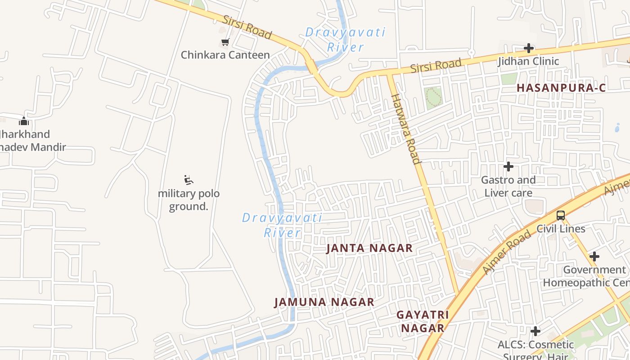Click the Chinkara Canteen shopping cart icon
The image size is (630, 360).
point(225,42)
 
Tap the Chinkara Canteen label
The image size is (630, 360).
point(225,55)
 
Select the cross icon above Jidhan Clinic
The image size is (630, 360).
point(529,48)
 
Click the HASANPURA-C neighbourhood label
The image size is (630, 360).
point(561,88)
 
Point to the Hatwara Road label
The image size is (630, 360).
point(405,129)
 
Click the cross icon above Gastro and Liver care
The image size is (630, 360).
point(508,166)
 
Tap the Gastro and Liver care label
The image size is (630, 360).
point(508,186)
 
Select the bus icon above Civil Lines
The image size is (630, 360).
point(561,216)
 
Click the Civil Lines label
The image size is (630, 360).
point(561,229)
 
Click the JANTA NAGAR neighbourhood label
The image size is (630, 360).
point(369,248)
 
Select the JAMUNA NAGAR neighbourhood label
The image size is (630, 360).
point(324,302)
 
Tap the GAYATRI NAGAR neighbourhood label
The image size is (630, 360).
point(423,321)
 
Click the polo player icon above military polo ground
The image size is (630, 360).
point(189,180)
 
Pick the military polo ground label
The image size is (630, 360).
point(189,200)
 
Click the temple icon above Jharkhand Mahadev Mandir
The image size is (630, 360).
point(24,121)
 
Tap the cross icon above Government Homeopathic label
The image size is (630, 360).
point(594,256)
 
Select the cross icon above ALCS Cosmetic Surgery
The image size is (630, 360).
point(535,332)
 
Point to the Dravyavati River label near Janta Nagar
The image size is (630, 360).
point(282,225)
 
